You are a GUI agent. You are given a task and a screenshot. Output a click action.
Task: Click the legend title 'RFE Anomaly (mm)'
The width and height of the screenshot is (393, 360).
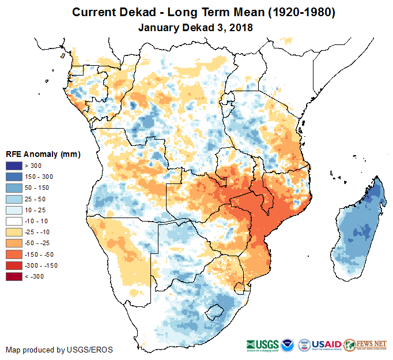coord(43,154)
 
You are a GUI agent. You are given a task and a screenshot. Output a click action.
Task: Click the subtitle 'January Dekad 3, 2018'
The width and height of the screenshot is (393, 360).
coord(196,27)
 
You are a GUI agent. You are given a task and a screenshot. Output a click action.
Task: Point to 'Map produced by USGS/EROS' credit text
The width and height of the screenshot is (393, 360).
coord(59,350)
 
